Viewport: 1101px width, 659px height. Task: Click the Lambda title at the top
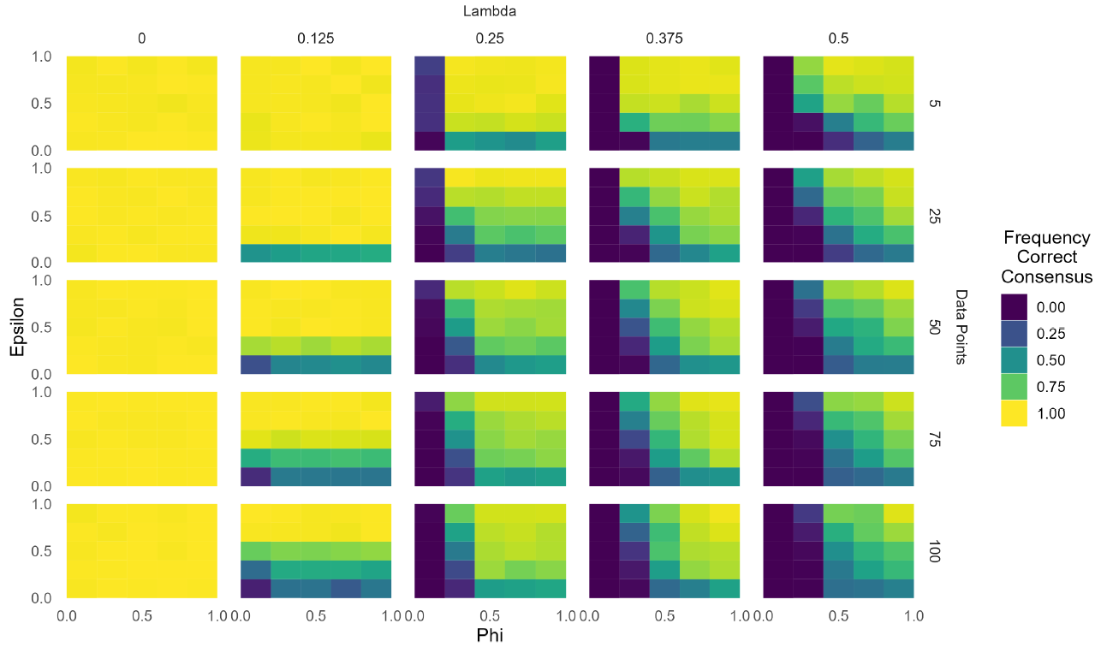[489, 11]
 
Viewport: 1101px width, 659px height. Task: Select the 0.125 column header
[316, 39]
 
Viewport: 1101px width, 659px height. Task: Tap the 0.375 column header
[664, 39]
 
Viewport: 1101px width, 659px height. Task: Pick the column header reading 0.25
[490, 39]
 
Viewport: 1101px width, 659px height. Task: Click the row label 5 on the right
[934, 104]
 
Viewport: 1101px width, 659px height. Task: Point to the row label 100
[934, 551]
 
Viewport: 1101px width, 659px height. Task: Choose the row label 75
[934, 439]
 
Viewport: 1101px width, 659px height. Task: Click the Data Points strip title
[961, 327]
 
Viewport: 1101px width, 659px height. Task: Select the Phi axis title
[489, 635]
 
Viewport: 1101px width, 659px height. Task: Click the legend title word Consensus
[1047, 276]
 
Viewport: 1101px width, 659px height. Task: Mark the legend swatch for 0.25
[1016, 334]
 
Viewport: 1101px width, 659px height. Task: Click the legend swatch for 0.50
[1016, 360]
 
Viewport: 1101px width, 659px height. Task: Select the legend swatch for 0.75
[1016, 387]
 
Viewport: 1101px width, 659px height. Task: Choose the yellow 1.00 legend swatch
[1016, 413]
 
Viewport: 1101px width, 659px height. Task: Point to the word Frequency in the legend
[1047, 238]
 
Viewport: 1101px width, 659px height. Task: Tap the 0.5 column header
[838, 39]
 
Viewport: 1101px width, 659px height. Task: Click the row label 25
[934, 215]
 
